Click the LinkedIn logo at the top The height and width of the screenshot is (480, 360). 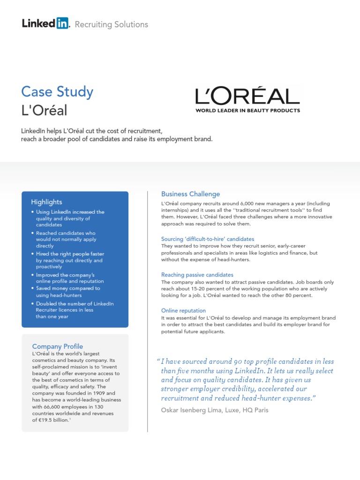45,23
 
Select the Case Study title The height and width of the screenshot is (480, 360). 58,91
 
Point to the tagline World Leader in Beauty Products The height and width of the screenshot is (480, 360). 247,111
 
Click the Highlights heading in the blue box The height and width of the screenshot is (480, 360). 46,202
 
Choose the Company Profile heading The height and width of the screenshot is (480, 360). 57,346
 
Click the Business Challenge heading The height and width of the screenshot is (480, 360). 190,194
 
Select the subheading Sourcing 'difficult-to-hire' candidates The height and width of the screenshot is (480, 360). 208,239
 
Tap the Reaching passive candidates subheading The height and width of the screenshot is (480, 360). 197,275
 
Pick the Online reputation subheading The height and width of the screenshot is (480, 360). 183,310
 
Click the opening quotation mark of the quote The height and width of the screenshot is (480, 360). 157,361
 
